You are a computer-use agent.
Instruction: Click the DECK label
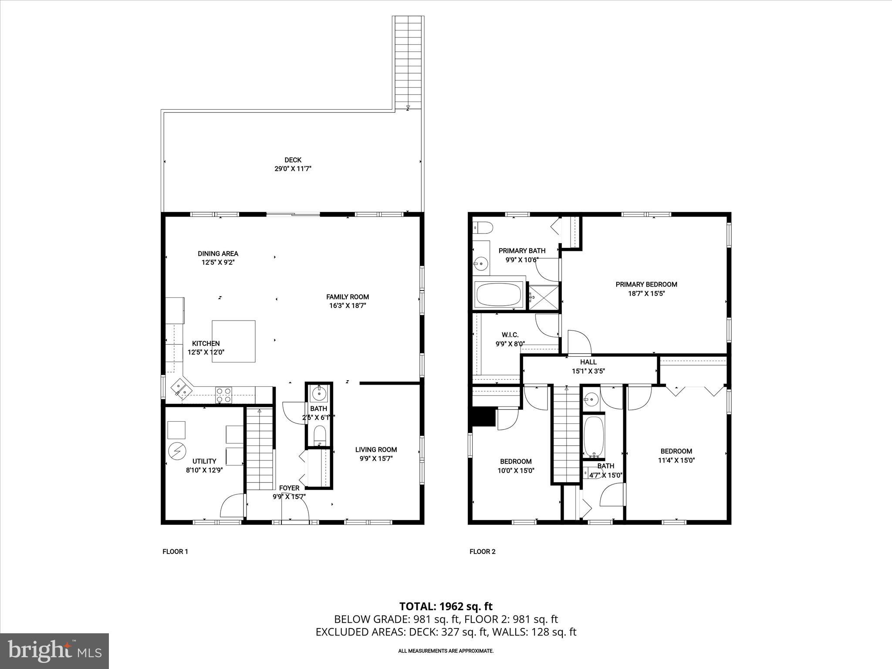coord(293,160)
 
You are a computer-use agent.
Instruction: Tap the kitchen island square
coord(233,341)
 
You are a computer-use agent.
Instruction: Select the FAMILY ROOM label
coord(348,297)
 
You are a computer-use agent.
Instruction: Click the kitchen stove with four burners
coord(224,395)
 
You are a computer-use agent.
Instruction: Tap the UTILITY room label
coord(204,461)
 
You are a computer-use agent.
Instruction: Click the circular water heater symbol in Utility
coord(177,451)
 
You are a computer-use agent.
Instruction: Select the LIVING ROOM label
coord(376,450)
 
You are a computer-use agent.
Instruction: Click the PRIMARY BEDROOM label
coord(646,284)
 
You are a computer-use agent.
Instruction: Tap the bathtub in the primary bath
coord(499,295)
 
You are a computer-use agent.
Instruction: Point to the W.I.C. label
coord(510,335)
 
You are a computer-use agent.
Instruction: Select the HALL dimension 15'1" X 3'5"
coord(588,372)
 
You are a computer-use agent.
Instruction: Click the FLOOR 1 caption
coord(175,551)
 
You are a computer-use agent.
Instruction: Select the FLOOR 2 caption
coord(482,551)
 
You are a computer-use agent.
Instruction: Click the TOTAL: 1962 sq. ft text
coord(446,606)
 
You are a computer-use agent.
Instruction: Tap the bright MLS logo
coord(54,652)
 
